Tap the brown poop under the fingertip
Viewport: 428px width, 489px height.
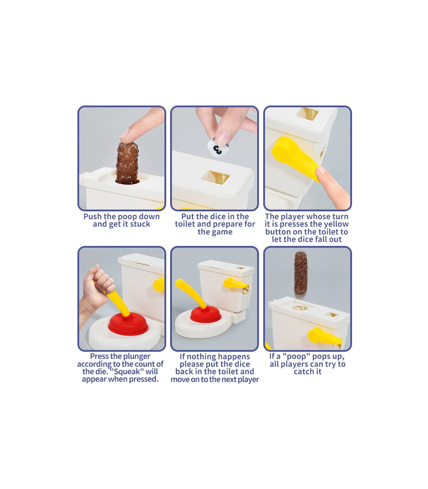click(127, 163)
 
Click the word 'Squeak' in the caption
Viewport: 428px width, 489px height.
click(127, 372)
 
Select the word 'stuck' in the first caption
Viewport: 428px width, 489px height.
click(140, 224)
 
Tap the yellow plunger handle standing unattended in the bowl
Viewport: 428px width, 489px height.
click(191, 293)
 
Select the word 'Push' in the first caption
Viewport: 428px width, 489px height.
click(93, 217)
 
